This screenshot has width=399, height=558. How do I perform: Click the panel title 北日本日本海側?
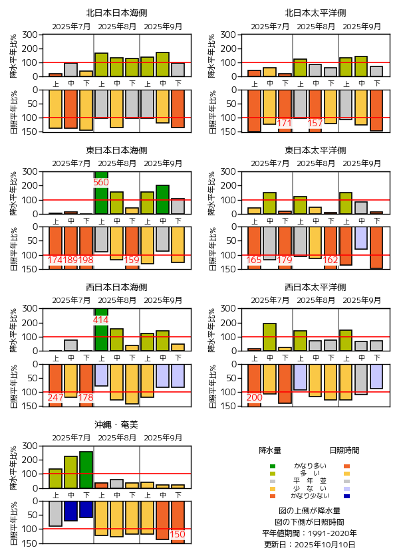[116, 13]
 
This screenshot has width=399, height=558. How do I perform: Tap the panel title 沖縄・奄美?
[116, 424]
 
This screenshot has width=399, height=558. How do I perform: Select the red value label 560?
[101, 182]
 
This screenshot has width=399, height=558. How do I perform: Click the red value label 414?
[101, 320]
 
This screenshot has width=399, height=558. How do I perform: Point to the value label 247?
[56, 397]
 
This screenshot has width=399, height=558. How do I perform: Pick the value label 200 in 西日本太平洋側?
[254, 397]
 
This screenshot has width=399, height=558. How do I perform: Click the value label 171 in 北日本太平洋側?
[285, 123]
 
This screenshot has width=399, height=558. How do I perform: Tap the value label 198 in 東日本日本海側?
[86, 260]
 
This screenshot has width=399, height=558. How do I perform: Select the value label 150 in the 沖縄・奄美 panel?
[178, 534]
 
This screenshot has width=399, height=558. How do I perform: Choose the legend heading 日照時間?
[344, 450]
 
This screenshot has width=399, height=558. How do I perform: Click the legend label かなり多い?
[310, 466]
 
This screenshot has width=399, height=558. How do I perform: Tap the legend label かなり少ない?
[310, 496]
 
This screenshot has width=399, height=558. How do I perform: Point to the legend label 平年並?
[310, 481]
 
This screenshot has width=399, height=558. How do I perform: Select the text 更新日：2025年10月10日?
[310, 545]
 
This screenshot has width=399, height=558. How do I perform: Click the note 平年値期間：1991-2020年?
[310, 533]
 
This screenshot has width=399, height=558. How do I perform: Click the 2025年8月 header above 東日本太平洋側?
[315, 163]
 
